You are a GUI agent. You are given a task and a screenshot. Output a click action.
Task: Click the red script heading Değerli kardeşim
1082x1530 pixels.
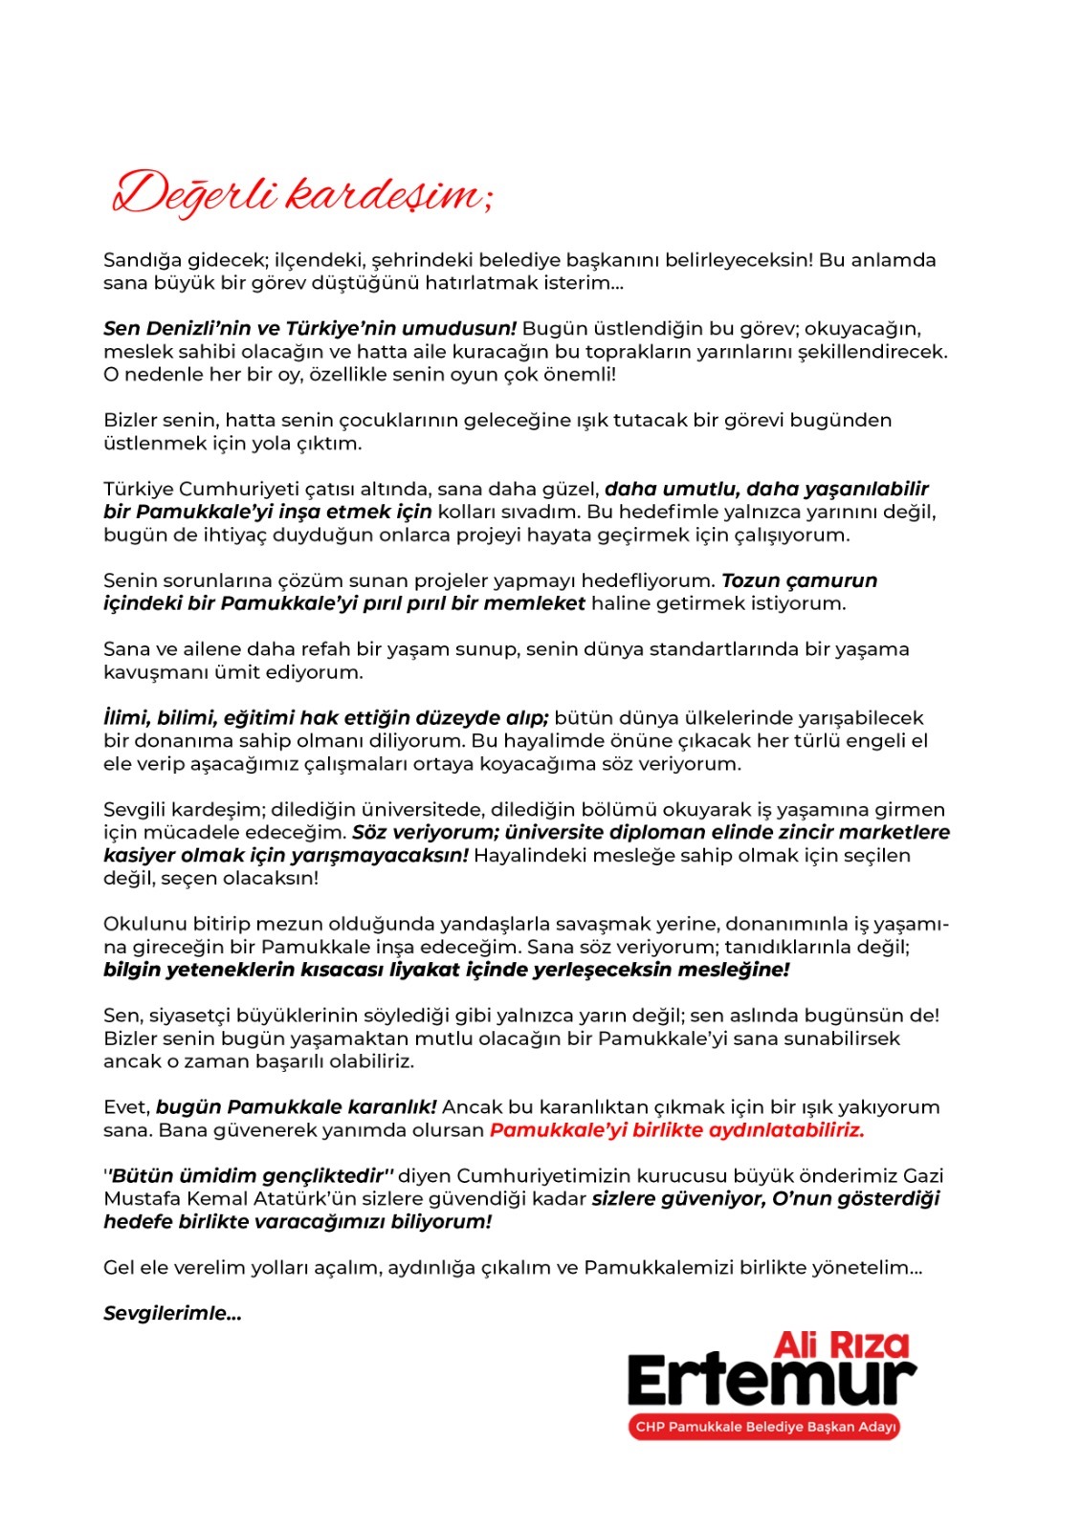[302, 195]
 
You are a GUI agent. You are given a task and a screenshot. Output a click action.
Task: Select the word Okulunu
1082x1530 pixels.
[144, 925]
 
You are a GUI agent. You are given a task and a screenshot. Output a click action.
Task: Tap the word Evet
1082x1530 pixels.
[126, 1107]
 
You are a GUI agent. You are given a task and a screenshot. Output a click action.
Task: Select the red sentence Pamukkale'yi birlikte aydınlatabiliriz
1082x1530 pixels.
[676, 1130]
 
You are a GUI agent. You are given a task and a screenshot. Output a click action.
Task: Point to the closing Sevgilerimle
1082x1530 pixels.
[172, 1314]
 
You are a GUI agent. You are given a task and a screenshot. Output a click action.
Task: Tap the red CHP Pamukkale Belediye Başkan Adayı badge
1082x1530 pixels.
[764, 1427]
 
